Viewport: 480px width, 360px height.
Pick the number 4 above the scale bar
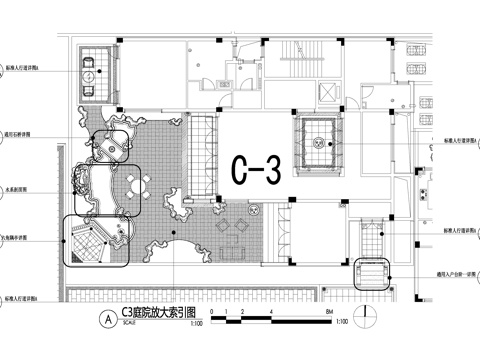coord(270,311)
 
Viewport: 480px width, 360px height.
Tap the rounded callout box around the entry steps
coord(372,273)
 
